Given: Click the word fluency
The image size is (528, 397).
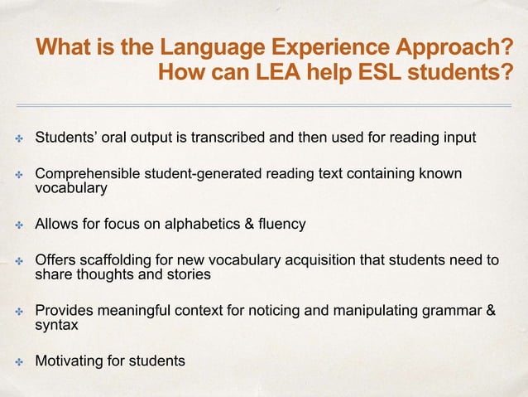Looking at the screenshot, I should [x=281, y=224].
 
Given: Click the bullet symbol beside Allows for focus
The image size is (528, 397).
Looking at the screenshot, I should [x=15, y=225].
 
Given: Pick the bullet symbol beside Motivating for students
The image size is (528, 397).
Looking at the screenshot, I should [x=15, y=361].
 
